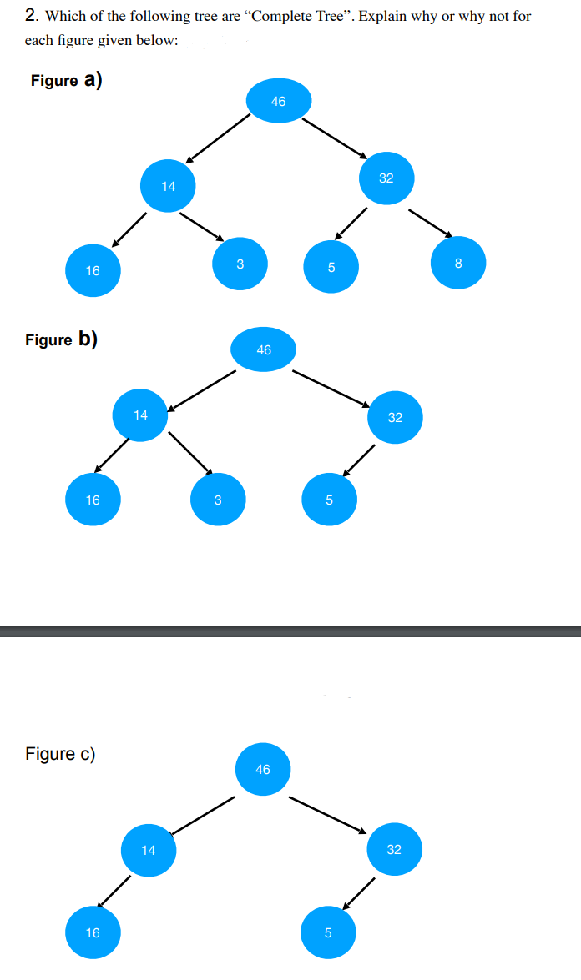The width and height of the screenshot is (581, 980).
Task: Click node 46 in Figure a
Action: [x=279, y=101]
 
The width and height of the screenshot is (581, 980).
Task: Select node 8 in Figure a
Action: [x=457, y=264]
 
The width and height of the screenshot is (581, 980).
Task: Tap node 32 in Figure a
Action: [x=386, y=178]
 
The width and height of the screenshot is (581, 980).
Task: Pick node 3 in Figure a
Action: [x=240, y=264]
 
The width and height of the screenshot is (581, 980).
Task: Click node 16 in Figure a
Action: [x=93, y=270]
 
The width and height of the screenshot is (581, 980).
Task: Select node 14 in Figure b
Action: [x=140, y=415]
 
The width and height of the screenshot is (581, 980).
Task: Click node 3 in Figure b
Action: [x=217, y=500]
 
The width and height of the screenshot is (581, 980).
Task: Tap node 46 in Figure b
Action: [x=264, y=350]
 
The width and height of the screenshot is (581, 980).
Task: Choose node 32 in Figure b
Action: [x=395, y=417]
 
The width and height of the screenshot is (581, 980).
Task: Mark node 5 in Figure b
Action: [x=329, y=500]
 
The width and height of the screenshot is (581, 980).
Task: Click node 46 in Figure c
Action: [x=263, y=769]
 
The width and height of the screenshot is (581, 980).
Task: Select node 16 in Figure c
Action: [x=93, y=932]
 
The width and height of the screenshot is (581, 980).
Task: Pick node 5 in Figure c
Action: [x=327, y=932]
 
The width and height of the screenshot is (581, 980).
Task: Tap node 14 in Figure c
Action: [x=149, y=850]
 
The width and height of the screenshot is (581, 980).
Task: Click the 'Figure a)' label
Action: [x=66, y=80]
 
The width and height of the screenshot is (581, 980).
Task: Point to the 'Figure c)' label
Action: [x=60, y=754]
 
